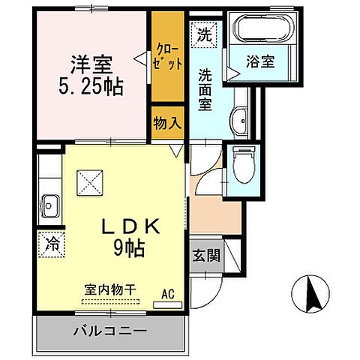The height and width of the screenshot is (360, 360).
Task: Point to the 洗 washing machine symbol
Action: pos(203,34)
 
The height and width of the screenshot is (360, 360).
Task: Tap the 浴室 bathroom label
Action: pos(262,62)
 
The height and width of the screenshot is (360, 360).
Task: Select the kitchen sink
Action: pos(51,204)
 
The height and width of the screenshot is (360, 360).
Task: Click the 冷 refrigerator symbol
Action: pos(51,244)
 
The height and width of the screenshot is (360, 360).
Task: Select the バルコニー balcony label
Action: pos(109,330)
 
